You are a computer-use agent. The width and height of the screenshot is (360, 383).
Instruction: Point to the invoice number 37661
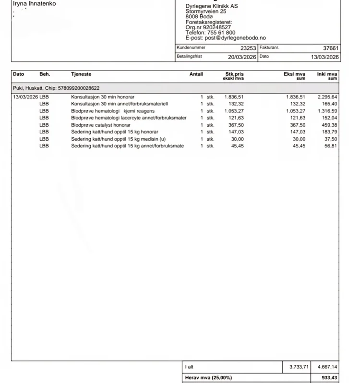click(331, 48)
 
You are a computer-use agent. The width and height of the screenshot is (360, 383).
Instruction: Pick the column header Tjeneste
click(81, 74)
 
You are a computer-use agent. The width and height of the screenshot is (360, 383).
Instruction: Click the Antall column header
click(196, 74)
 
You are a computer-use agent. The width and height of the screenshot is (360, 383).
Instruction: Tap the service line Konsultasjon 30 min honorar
click(103, 97)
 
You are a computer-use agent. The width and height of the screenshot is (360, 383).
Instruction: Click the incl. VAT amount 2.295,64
click(327, 97)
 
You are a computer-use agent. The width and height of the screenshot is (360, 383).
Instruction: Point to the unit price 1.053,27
click(234, 111)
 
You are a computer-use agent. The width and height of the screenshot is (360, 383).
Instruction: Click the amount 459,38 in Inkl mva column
click(329, 125)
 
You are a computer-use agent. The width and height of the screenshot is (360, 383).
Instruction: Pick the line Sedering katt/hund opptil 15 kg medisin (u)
click(118, 139)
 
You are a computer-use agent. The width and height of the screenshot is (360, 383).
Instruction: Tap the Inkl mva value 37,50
click(330, 139)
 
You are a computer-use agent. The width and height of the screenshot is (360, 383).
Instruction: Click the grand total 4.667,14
click(327, 367)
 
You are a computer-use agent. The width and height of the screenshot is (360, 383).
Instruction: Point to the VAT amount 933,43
click(329, 378)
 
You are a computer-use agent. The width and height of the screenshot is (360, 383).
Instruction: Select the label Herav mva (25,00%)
click(208, 378)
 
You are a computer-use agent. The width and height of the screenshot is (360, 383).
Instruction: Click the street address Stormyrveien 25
click(206, 12)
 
